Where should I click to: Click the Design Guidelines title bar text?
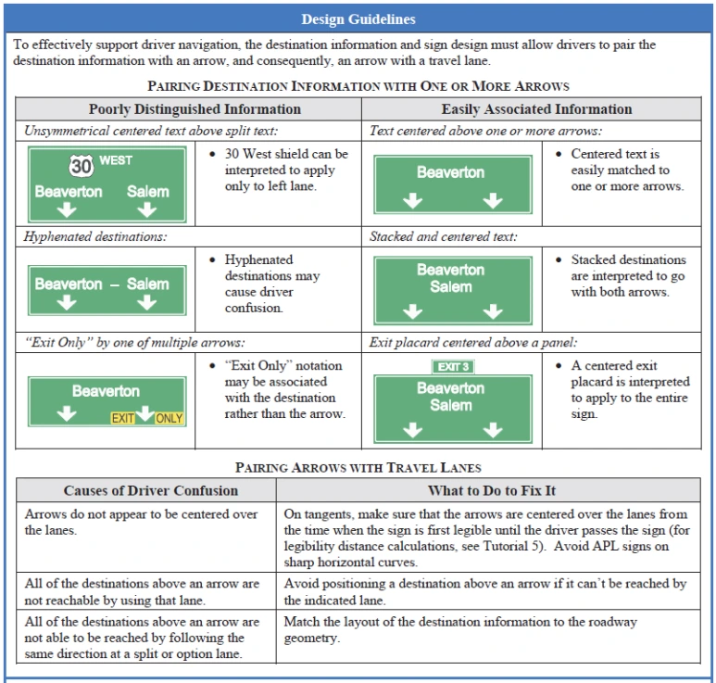(x=358, y=19)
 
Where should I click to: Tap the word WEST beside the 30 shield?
(x=116, y=160)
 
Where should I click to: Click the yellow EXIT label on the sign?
(x=123, y=418)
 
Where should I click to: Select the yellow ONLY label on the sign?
(x=170, y=418)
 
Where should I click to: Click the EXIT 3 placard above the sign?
(x=453, y=366)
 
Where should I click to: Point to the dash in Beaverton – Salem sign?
(x=114, y=285)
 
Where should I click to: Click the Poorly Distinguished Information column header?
(x=195, y=109)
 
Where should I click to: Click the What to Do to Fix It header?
(x=491, y=490)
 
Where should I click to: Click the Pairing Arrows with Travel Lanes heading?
(x=358, y=467)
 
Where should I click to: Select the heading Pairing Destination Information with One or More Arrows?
(x=358, y=86)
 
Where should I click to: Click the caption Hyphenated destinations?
(x=96, y=236)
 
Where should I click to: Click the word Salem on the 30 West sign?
(x=148, y=192)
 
